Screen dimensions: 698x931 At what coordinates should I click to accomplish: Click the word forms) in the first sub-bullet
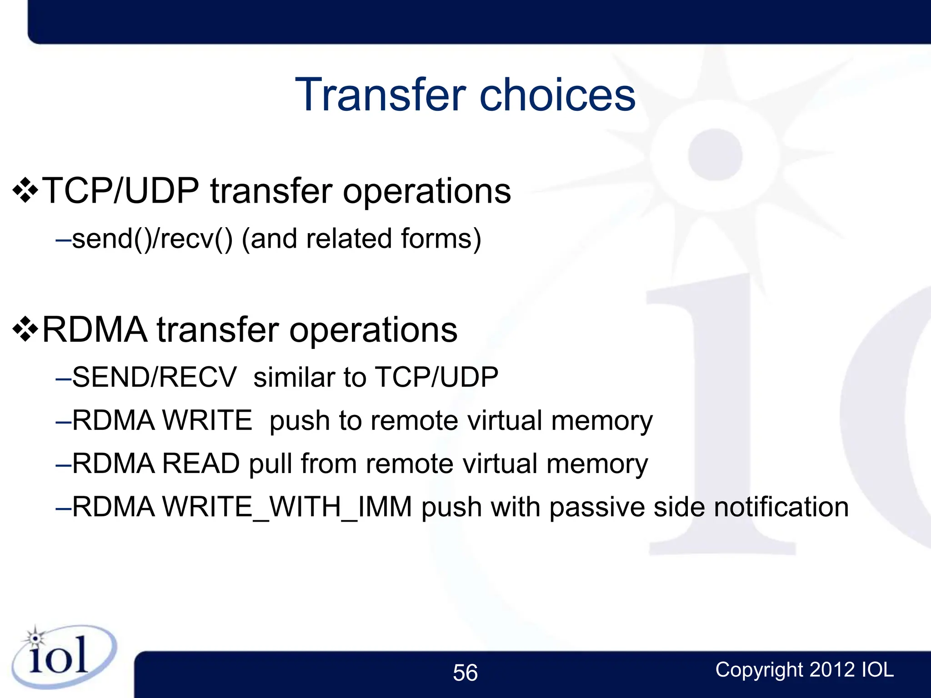(x=440, y=239)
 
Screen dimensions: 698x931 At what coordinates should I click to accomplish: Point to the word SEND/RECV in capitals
(x=155, y=377)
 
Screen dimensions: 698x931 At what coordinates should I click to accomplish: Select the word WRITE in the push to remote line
(x=207, y=420)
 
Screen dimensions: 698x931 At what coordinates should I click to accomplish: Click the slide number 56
(x=465, y=673)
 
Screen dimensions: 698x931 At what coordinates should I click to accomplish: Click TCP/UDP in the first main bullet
(x=120, y=191)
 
